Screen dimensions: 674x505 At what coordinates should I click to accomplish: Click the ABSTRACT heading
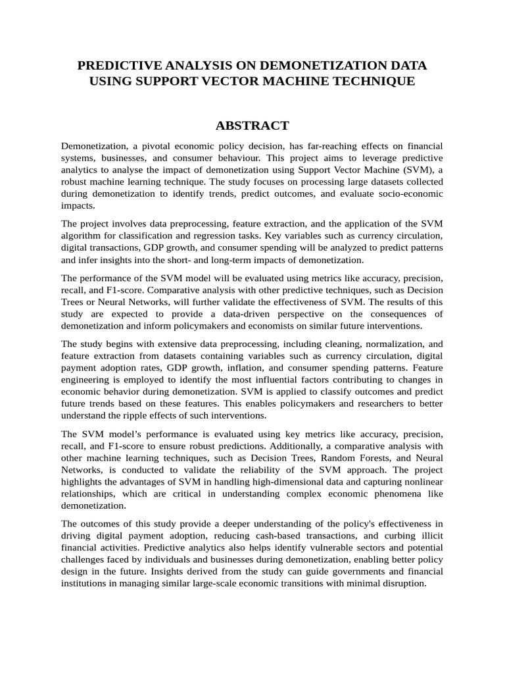(x=252, y=125)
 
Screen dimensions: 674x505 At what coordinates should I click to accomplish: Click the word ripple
(x=138, y=415)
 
